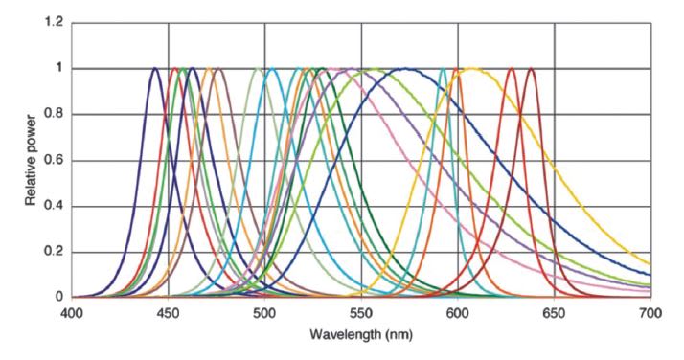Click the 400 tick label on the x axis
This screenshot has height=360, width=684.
point(72,312)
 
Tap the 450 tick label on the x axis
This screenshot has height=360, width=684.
point(169,312)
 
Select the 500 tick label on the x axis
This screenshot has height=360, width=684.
point(264,312)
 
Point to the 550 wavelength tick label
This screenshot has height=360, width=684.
point(361,312)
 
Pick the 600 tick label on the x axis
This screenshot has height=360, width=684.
point(458,312)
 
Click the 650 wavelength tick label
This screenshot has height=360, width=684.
point(554,312)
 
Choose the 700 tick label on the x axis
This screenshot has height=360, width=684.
point(650,312)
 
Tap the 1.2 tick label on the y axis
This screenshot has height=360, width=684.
point(54,22)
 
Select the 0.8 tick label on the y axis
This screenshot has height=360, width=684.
point(54,114)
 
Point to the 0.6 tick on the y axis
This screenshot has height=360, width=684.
point(54,160)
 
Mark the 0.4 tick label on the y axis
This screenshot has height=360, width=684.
point(54,206)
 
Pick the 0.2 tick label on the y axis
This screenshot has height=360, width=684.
point(54,252)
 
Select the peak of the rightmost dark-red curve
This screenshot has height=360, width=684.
point(531,68)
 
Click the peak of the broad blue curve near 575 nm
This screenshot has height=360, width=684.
point(407,68)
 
